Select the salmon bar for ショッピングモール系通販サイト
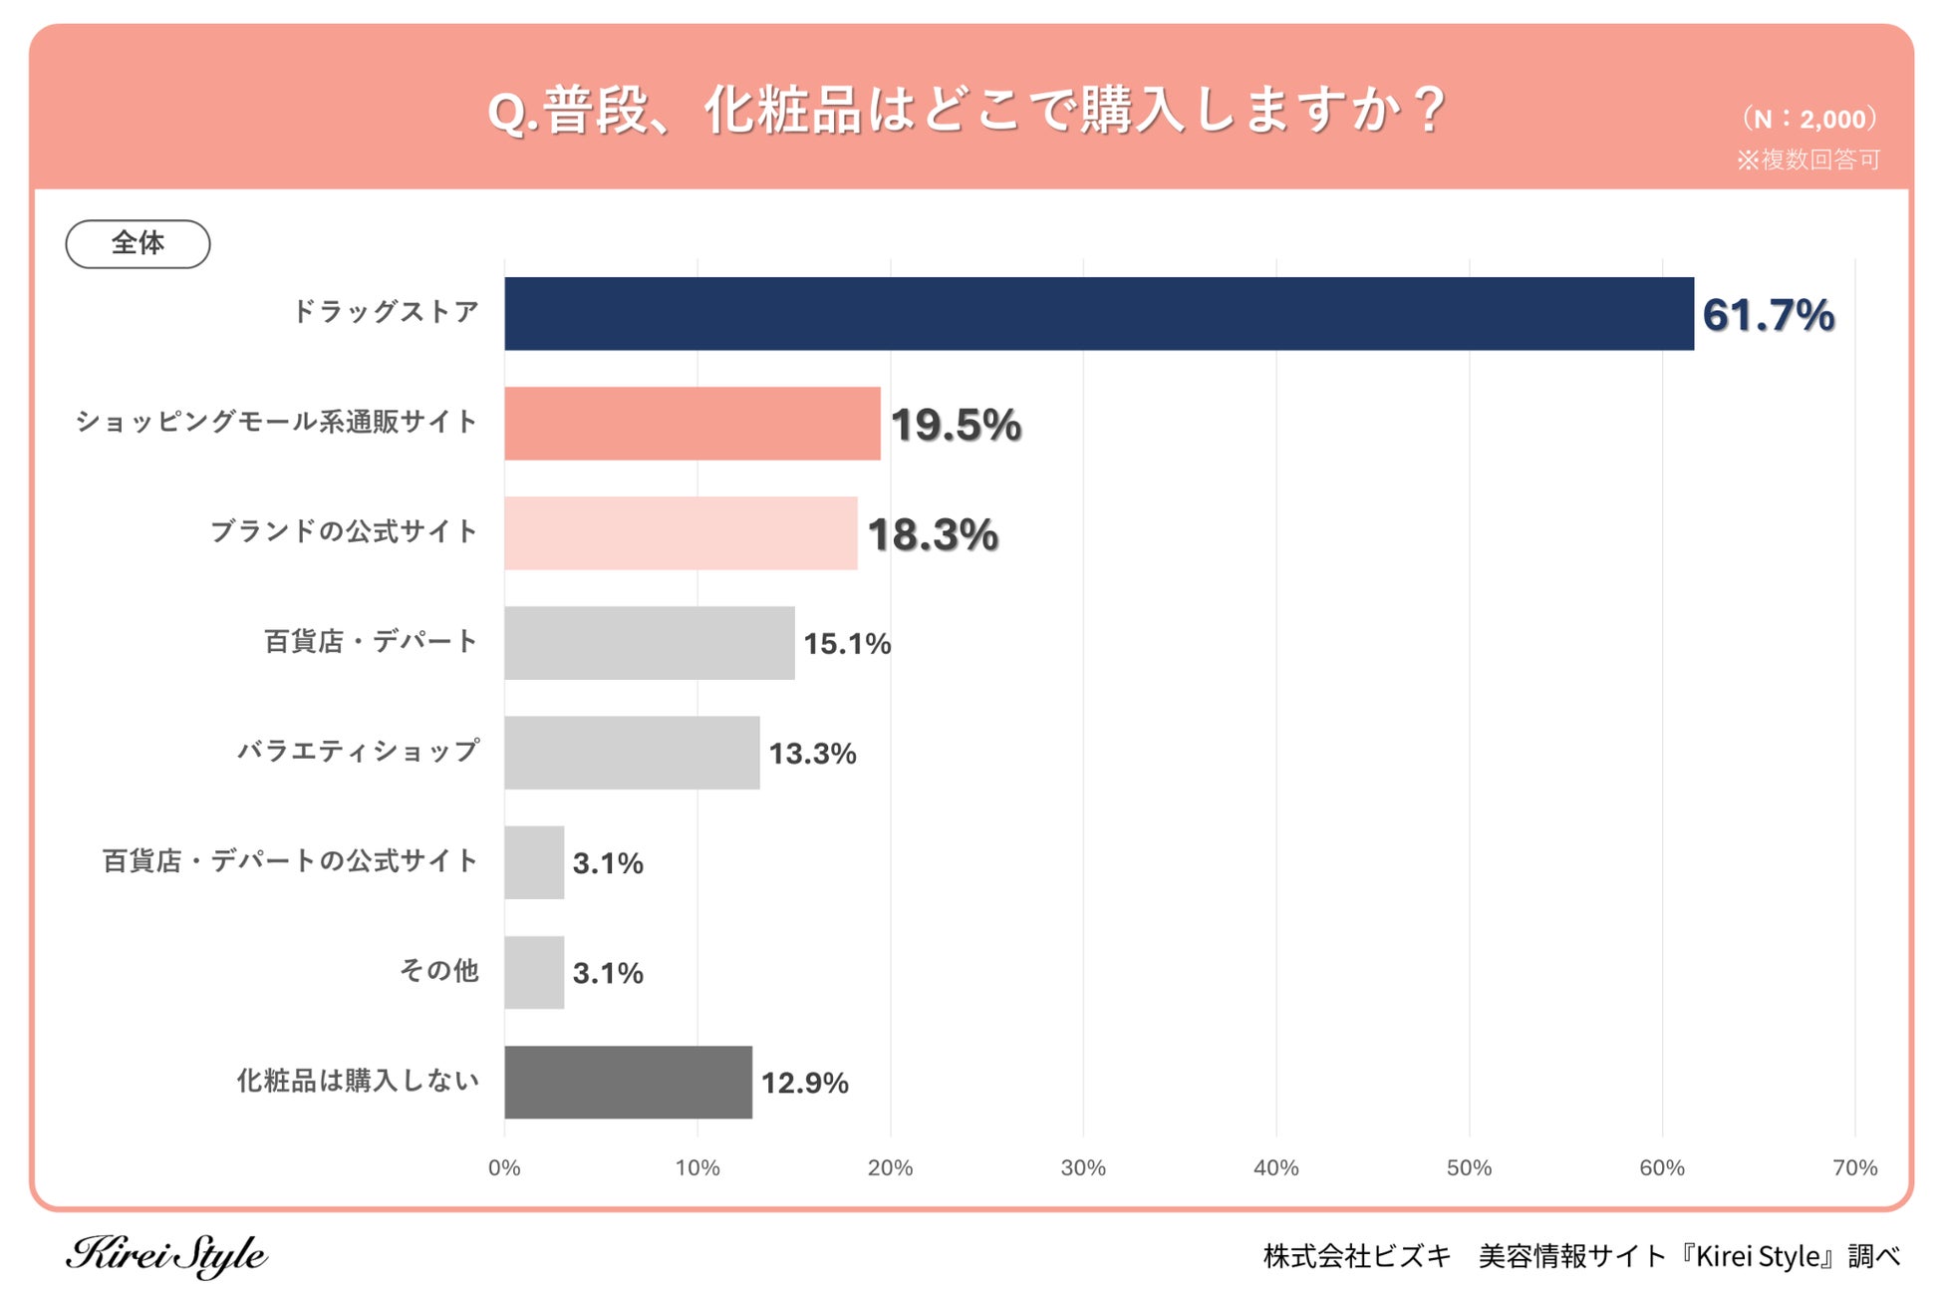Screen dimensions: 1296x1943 693,424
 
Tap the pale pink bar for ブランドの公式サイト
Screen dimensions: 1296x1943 681,533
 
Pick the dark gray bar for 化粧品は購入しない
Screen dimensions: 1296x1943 628,1082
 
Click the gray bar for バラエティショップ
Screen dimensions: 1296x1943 632,753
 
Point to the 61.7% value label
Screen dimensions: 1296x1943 1768,315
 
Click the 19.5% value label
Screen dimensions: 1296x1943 956,425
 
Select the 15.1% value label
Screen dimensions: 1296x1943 847,644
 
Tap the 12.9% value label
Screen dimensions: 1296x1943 804,1083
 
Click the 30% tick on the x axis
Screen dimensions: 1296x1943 1083,1167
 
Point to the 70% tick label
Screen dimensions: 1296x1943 1854,1167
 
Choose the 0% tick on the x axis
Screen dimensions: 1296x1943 504,1167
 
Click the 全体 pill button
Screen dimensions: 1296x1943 138,243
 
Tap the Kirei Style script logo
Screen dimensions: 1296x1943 166,1255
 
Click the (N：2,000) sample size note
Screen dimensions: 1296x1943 1808,119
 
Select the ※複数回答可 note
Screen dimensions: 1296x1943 1807,160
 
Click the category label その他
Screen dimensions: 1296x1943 438,970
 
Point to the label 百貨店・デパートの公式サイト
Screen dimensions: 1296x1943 290,860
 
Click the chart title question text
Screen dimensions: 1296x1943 966,110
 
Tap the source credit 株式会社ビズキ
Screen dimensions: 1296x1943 1357,1256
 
